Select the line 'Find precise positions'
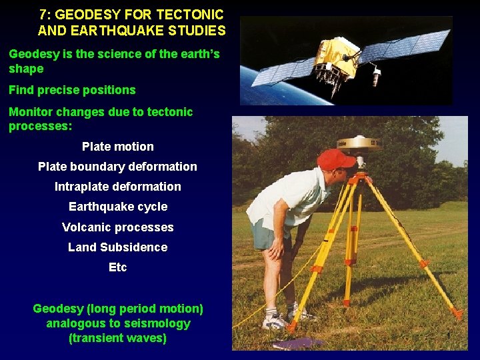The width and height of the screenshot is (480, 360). click(72, 90)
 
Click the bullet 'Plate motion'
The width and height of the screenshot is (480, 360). click(117, 147)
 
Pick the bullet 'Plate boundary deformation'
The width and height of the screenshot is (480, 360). click(117, 167)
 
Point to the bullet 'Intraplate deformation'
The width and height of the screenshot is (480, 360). click(117, 187)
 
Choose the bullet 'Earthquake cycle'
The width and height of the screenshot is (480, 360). click(117, 207)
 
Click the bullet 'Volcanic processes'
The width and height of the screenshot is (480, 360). click(117, 227)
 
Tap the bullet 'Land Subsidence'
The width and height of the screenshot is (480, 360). click(117, 247)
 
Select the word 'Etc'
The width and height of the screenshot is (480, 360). click(117, 267)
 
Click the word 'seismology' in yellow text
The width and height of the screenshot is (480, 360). click(157, 323)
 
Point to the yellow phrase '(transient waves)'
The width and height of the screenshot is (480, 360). click(117, 338)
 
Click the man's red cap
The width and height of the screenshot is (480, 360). click(335, 159)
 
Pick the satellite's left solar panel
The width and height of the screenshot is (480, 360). click(280, 71)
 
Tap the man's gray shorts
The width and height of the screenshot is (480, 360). click(267, 235)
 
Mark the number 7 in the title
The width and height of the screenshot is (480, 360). click(43, 13)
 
